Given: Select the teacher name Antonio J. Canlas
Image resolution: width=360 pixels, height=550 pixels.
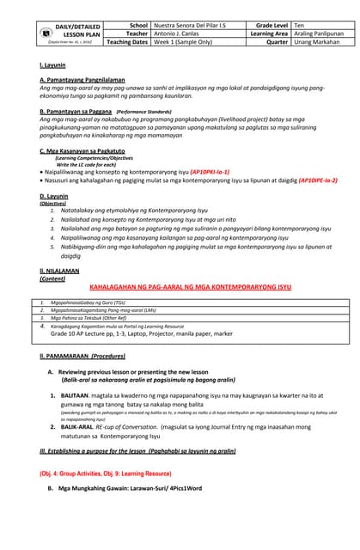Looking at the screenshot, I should (180, 34).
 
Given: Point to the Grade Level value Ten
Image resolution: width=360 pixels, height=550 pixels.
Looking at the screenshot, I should (300, 26).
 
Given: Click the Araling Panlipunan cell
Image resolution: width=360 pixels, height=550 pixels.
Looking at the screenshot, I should (320, 34).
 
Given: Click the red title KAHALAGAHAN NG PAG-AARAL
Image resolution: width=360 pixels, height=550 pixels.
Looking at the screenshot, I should (190, 286).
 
